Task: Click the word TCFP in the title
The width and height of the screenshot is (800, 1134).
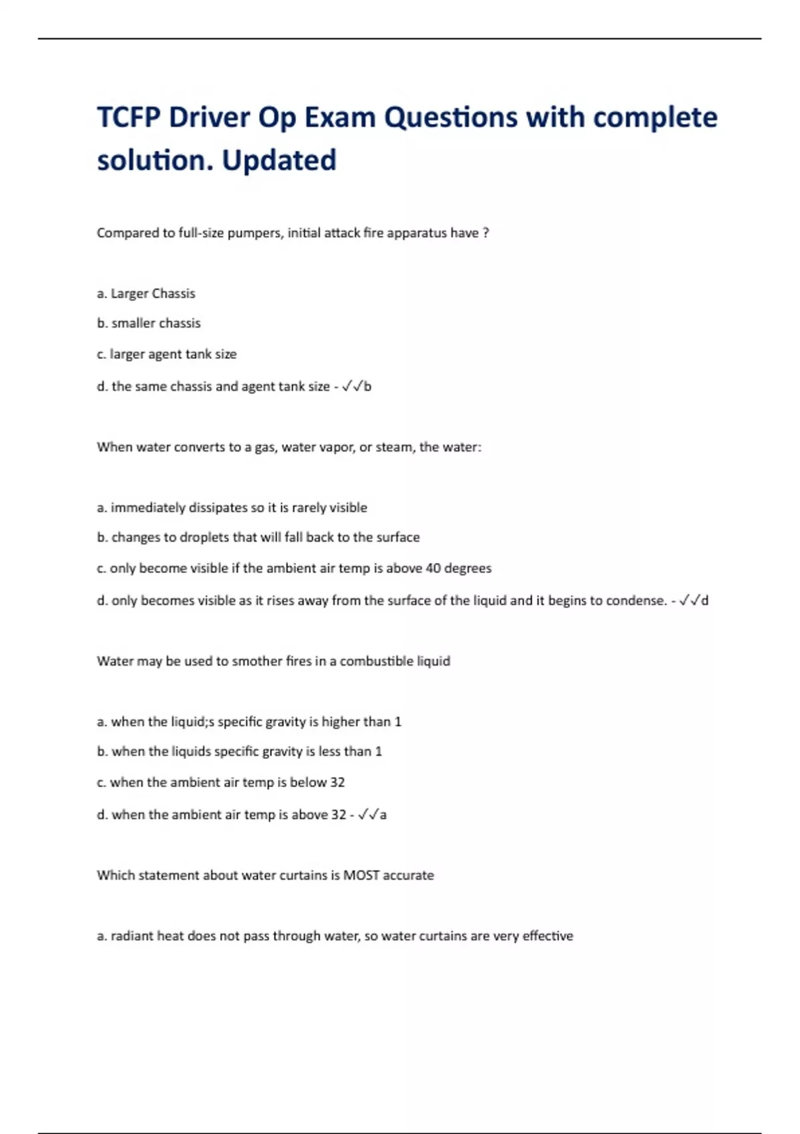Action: pyautogui.click(x=129, y=118)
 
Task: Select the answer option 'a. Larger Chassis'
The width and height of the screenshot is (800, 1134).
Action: pyautogui.click(x=146, y=294)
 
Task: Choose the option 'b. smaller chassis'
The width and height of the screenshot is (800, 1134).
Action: pyautogui.click(x=149, y=324)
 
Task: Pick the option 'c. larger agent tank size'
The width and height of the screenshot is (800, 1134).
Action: pyautogui.click(x=167, y=354)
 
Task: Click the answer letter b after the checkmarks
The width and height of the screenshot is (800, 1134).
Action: pyautogui.click(x=367, y=386)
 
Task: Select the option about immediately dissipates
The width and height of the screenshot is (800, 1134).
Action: pyautogui.click(x=232, y=508)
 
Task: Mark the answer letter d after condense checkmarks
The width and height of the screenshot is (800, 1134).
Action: pyautogui.click(x=705, y=600)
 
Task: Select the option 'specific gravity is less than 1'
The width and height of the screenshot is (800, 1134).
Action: pyautogui.click(x=239, y=752)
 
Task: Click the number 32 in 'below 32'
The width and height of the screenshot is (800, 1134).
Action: pyautogui.click(x=337, y=782)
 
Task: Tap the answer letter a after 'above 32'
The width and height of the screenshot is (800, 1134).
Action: pyautogui.click(x=383, y=814)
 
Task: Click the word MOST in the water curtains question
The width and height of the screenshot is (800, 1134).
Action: pyautogui.click(x=361, y=875)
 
